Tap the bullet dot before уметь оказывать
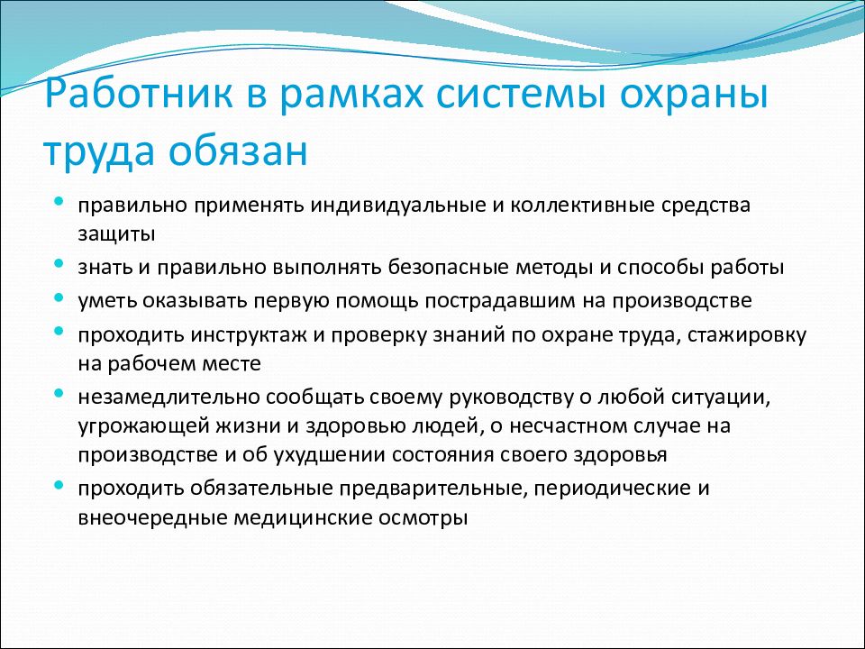click(x=59, y=297)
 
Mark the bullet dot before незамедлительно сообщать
click(x=59, y=395)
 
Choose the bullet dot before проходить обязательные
click(x=59, y=486)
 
